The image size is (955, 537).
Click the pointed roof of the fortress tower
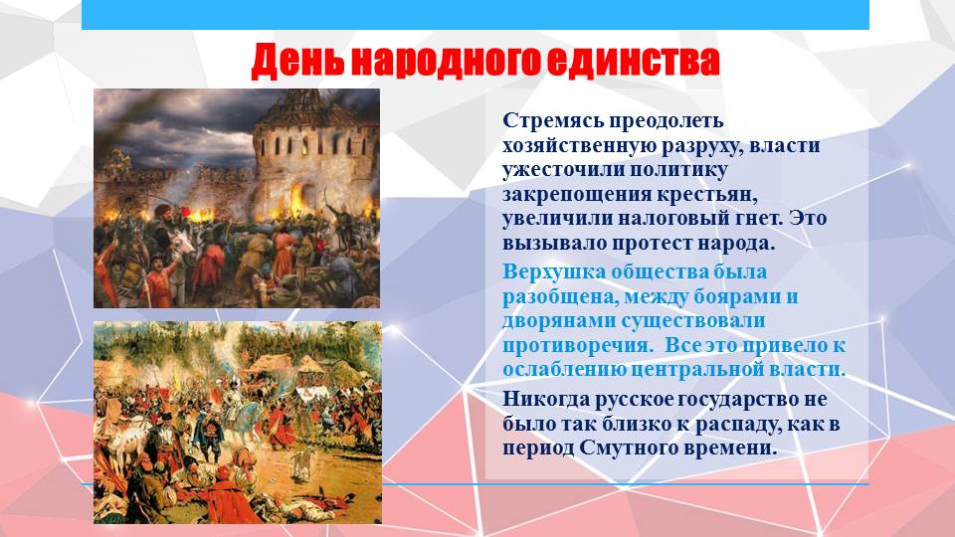tap(304, 104)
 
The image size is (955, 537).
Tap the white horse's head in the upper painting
tap(186, 243)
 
